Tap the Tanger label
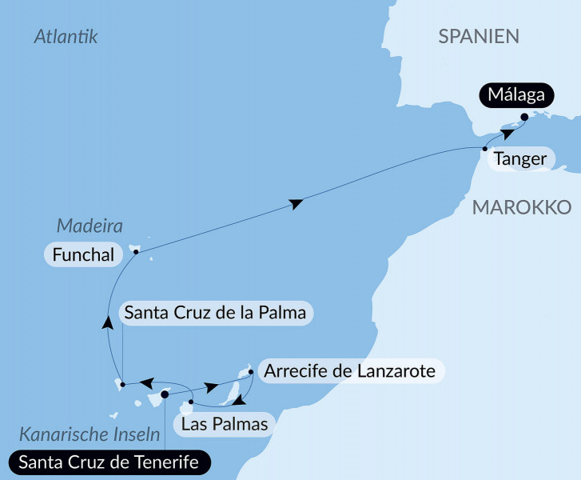[x=520, y=159]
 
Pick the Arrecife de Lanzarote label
[x=350, y=371]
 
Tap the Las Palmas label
[x=225, y=424]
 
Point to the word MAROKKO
[x=520, y=208]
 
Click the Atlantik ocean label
[x=66, y=36]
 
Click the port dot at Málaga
[x=524, y=117]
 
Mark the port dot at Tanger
[x=485, y=150]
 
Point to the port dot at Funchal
[x=137, y=252]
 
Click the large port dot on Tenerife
[x=165, y=393]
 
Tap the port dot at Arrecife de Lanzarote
[x=251, y=371]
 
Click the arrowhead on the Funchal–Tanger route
[x=296, y=205]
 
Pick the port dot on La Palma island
[x=122, y=386]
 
